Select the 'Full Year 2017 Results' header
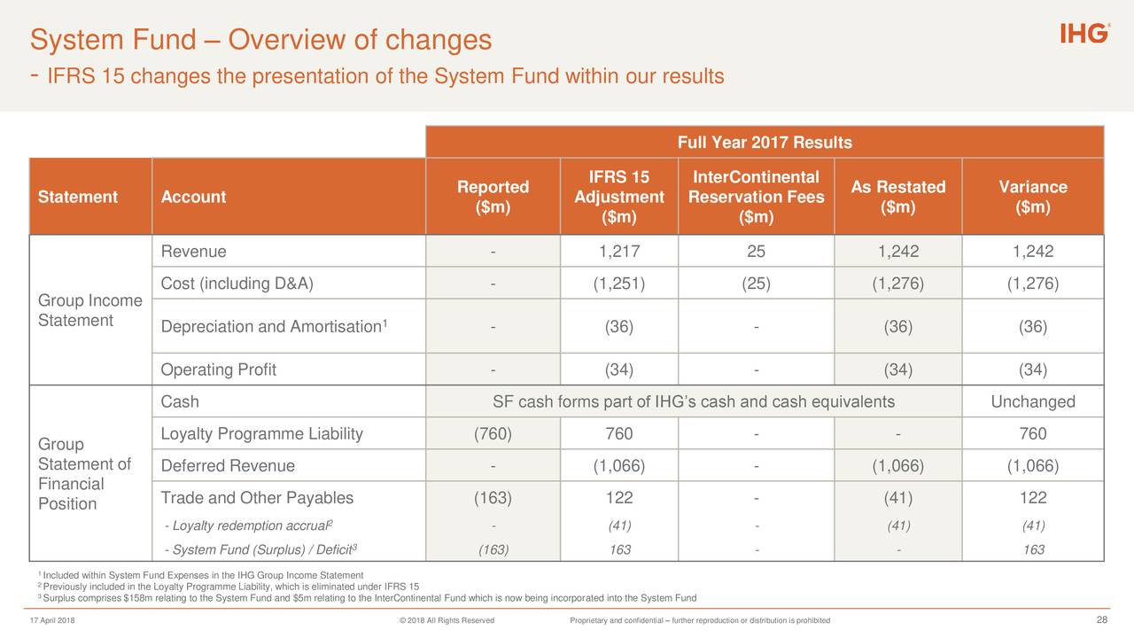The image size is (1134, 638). [x=764, y=143]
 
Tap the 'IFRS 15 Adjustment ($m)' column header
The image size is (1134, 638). [x=618, y=197]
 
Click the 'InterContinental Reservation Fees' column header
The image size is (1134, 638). [x=756, y=197]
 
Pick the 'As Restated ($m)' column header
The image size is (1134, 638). [x=897, y=197]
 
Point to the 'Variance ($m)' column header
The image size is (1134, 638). [x=1032, y=197]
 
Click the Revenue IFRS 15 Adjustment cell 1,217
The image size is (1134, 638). [x=618, y=252]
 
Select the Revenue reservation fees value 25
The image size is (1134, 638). [x=756, y=252]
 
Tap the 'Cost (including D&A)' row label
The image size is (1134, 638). [x=237, y=284]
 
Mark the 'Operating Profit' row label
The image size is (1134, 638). [x=219, y=370]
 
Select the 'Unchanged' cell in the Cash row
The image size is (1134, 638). [x=1032, y=402]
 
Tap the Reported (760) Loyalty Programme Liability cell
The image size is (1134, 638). [x=493, y=433]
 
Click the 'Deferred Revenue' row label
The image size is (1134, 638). [x=228, y=466]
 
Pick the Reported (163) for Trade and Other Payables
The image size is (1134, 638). [x=493, y=498]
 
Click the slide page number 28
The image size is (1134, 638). [x=1102, y=619]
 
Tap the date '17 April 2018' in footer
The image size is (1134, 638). [x=52, y=620]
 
